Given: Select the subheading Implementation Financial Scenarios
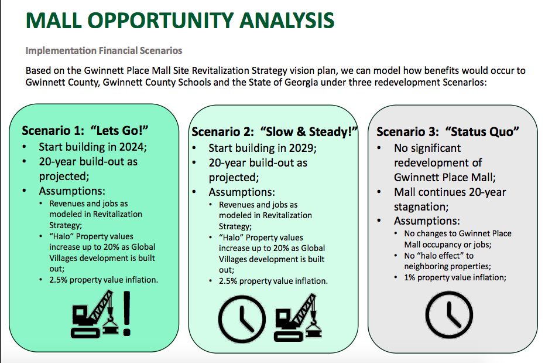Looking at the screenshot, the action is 104,51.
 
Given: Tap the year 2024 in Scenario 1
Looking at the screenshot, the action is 133,147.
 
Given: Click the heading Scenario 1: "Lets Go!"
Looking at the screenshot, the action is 85,131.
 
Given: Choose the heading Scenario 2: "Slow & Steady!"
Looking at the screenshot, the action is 275,132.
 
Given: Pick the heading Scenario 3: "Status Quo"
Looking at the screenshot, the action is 448,132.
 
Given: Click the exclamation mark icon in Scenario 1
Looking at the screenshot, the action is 127,314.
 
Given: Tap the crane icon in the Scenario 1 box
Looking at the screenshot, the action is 95,314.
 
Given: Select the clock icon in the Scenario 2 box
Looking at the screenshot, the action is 242,319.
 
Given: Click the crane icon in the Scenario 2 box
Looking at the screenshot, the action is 298,317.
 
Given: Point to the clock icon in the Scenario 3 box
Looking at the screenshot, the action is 449,315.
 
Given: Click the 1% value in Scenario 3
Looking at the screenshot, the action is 409,277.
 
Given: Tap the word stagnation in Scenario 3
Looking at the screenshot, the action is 421,207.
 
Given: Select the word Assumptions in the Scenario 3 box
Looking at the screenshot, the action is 427,221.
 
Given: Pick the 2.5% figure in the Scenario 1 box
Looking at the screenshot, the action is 58,280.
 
